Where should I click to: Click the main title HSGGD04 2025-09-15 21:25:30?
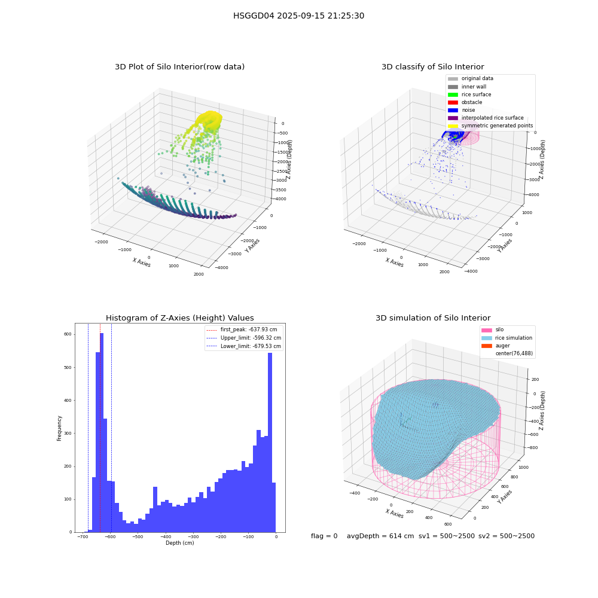coord(298,16)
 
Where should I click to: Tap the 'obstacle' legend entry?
coord(465,102)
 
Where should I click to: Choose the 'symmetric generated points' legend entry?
coord(490,126)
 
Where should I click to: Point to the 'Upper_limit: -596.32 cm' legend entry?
coord(244,338)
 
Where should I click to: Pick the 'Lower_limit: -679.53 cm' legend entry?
coord(244,346)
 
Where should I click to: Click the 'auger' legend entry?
coord(496,346)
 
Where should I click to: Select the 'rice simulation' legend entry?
coord(507,338)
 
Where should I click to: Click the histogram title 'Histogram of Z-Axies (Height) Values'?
coord(179,318)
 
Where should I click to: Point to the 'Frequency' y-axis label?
coord(59,428)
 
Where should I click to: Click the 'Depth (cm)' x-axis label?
coord(179,543)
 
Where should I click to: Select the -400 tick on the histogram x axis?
coord(166,536)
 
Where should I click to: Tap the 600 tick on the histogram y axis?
coord(68,334)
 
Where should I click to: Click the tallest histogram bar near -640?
coord(102,432)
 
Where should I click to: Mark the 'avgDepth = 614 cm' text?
coord(380,536)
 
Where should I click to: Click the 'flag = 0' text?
coord(324,536)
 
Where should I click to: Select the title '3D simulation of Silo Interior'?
coord(433,318)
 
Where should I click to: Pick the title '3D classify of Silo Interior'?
coord(433,67)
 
